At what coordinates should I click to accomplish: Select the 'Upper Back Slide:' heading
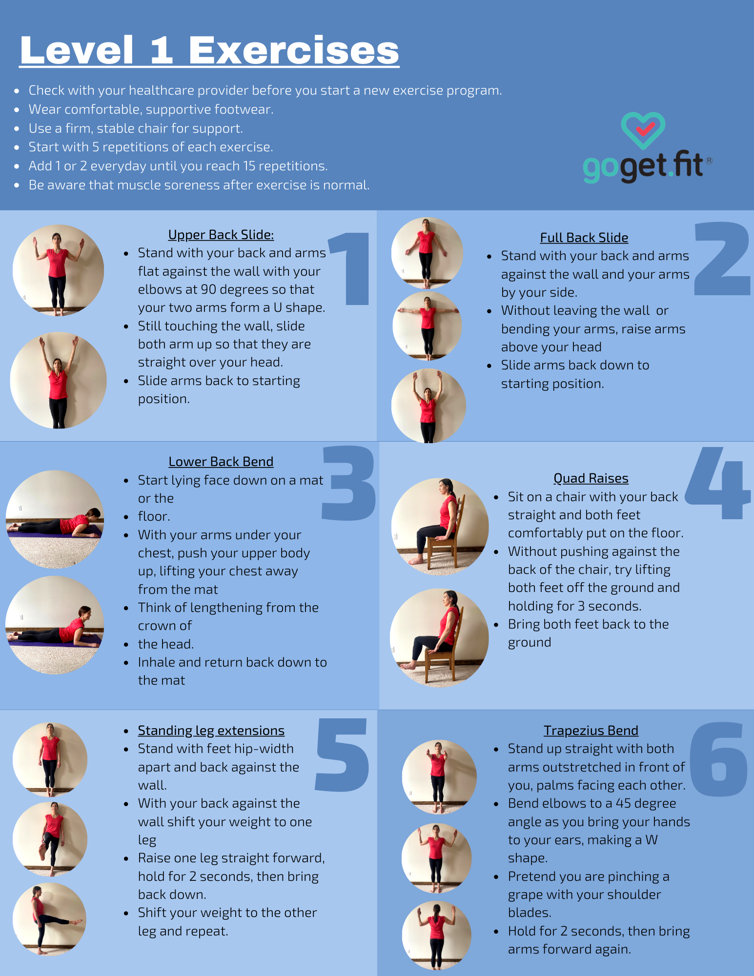tap(221, 235)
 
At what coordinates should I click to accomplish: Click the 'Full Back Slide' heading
tap(584, 238)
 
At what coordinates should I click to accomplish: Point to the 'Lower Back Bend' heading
tap(221, 462)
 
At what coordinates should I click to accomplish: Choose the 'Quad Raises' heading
tap(591, 478)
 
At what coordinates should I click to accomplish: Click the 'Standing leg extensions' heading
tap(211, 731)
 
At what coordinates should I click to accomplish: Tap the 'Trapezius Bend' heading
tap(591, 731)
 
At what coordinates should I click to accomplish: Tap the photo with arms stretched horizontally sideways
tap(427, 325)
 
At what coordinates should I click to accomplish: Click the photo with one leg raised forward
tap(49, 919)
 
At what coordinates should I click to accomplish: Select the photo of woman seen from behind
tap(436, 935)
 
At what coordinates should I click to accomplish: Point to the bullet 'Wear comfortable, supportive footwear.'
tap(151, 109)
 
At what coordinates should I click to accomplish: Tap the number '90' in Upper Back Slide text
tap(208, 289)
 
